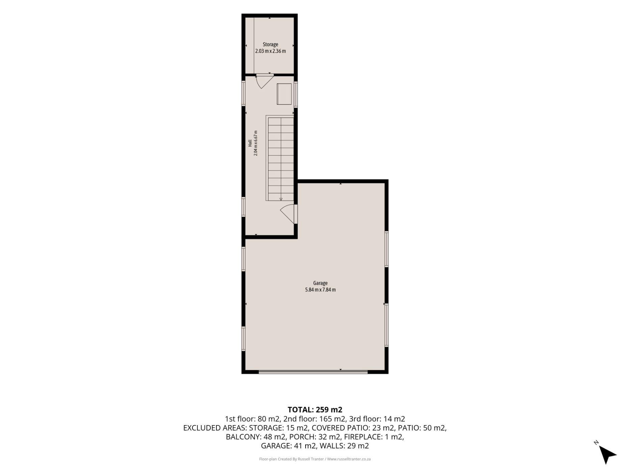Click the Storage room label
click(270, 45)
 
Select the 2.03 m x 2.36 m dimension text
click(270, 51)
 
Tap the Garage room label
click(320, 283)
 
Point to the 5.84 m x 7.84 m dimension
click(320, 290)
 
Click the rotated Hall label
click(250, 143)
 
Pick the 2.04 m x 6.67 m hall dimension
click(256, 143)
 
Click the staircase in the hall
click(280, 158)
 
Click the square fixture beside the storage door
click(284, 94)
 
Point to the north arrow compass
click(607, 453)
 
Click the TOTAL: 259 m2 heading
click(315, 410)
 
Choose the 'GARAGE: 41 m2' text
click(289, 446)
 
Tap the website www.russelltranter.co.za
click(349, 459)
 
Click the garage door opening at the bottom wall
click(313, 372)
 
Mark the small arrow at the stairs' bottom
click(281, 199)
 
